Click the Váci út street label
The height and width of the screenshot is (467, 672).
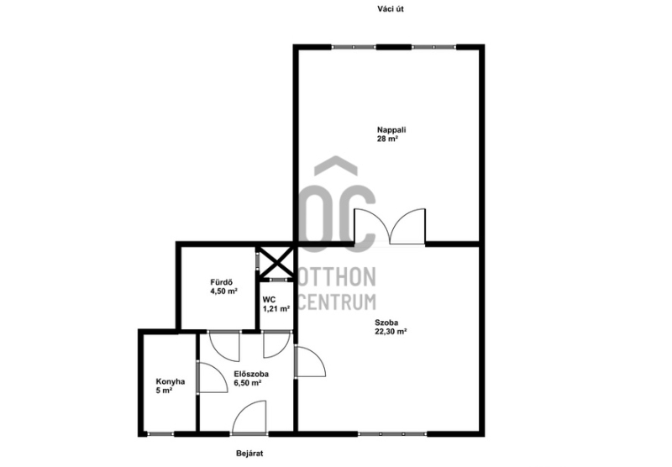391,8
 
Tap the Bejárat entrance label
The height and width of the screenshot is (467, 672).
249,454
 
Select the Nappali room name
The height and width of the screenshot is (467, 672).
391,129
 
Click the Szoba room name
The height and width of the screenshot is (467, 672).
386,323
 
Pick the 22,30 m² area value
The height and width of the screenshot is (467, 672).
391,331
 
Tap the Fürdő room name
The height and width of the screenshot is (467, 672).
221,282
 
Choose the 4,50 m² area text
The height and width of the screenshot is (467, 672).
223,291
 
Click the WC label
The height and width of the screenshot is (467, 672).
269,300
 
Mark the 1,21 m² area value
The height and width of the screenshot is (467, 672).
276,308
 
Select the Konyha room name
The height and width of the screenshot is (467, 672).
171,381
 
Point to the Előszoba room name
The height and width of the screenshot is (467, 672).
251,374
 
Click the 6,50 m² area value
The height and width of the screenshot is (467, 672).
248,383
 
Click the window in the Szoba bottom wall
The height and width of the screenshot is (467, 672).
392,434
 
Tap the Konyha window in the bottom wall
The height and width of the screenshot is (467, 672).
160,434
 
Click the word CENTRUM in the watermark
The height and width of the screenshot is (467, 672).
337,302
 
